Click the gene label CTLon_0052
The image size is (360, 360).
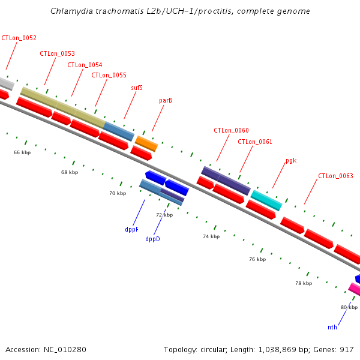click(x=19, y=38)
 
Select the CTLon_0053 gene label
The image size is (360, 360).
click(x=57, y=53)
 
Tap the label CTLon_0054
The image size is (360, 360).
click(x=85, y=65)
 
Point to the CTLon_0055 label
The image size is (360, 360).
click(x=109, y=75)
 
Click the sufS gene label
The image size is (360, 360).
click(x=137, y=88)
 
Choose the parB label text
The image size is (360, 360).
click(x=166, y=100)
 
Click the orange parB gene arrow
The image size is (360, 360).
click(x=146, y=143)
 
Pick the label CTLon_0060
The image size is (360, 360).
click(x=231, y=130)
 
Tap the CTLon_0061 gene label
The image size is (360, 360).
click(x=255, y=142)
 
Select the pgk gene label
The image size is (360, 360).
click(x=291, y=161)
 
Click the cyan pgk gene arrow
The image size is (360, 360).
click(x=266, y=199)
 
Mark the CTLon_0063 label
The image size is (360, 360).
click(x=335, y=176)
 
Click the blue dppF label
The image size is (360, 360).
click(x=132, y=229)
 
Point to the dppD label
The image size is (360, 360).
click(x=152, y=239)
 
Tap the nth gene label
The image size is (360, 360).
click(x=332, y=327)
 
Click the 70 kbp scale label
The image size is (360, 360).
click(x=118, y=193)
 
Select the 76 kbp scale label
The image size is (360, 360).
click(x=257, y=259)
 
